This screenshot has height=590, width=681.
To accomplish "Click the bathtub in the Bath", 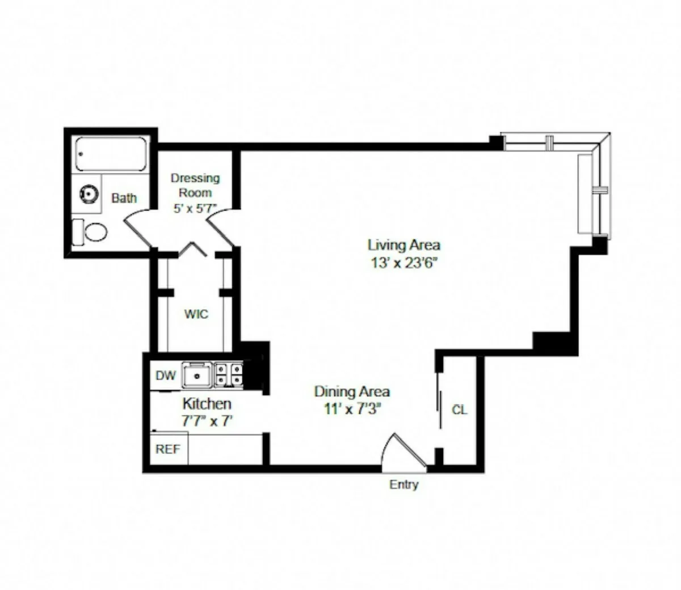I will tap(111, 154).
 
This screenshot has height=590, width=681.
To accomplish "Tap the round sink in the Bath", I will tap(88, 195).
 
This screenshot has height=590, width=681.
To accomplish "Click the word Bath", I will tap(124, 198).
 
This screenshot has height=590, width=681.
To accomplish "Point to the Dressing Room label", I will tap(195, 185).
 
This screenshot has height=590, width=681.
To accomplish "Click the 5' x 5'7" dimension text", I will tap(195, 208).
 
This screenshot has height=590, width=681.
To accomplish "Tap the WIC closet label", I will tap(196, 314).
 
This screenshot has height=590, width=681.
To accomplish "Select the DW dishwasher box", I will tap(166, 375).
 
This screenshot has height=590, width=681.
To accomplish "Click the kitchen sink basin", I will tap(196, 375).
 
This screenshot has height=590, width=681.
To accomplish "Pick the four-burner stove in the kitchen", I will tap(228, 374).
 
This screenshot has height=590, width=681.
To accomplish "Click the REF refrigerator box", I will tap(168, 449).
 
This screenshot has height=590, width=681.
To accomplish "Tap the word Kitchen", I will tap(207, 404).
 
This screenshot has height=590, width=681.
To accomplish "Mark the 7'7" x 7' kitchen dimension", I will tap(207, 421).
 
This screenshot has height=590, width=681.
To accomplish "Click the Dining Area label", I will tap(352, 391).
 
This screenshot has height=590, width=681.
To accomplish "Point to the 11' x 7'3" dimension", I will tap(352, 408).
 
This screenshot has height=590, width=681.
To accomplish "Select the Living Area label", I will tap(403, 245).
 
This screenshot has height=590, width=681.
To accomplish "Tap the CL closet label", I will tap(459, 410).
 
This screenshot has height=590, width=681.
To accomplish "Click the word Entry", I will tap(403, 484).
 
